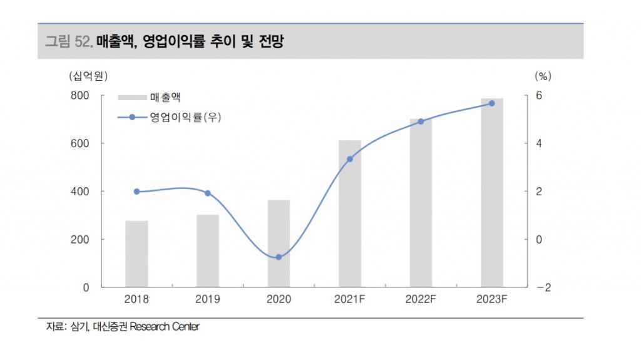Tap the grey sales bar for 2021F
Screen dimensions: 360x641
[350, 213]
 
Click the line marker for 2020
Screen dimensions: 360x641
[279, 257]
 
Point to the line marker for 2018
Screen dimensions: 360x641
[136, 192]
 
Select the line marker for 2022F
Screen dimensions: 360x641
[421, 121]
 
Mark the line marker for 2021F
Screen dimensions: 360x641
[350, 159]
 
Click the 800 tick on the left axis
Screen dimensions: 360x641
[82, 96]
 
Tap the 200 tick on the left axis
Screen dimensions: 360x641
[82, 239]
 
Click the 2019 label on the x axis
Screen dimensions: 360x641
[207, 300]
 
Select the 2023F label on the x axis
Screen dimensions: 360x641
[491, 300]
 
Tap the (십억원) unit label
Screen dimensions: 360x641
[88, 76]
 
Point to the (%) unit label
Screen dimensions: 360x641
[542, 76]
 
